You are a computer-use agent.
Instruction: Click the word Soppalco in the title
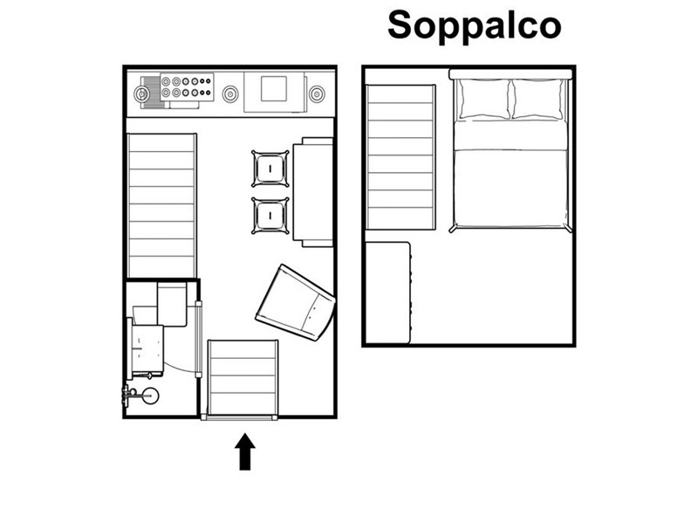[x=474, y=25]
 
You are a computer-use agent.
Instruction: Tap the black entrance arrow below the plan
[x=245, y=452]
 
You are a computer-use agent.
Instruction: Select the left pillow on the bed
[x=484, y=99]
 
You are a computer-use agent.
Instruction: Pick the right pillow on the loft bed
[x=538, y=99]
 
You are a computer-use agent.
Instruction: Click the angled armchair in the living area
[x=295, y=302]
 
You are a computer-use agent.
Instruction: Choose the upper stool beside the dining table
[x=270, y=169]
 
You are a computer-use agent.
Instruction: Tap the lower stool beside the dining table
[x=270, y=216]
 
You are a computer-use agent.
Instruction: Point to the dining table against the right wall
[x=313, y=192]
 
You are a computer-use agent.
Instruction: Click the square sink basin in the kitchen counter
[x=274, y=89]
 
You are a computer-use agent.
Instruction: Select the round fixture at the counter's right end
[x=317, y=94]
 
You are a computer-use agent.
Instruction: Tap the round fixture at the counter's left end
[x=142, y=94]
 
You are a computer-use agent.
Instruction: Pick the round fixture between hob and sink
[x=230, y=94]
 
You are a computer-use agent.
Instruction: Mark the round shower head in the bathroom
[x=150, y=396]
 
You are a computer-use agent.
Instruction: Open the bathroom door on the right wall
[x=199, y=340]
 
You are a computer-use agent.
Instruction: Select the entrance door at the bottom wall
[x=239, y=417]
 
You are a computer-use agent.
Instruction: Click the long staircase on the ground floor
[x=162, y=205]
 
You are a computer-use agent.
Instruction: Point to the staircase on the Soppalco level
[x=400, y=157]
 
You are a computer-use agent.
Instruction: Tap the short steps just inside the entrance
[x=243, y=377]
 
